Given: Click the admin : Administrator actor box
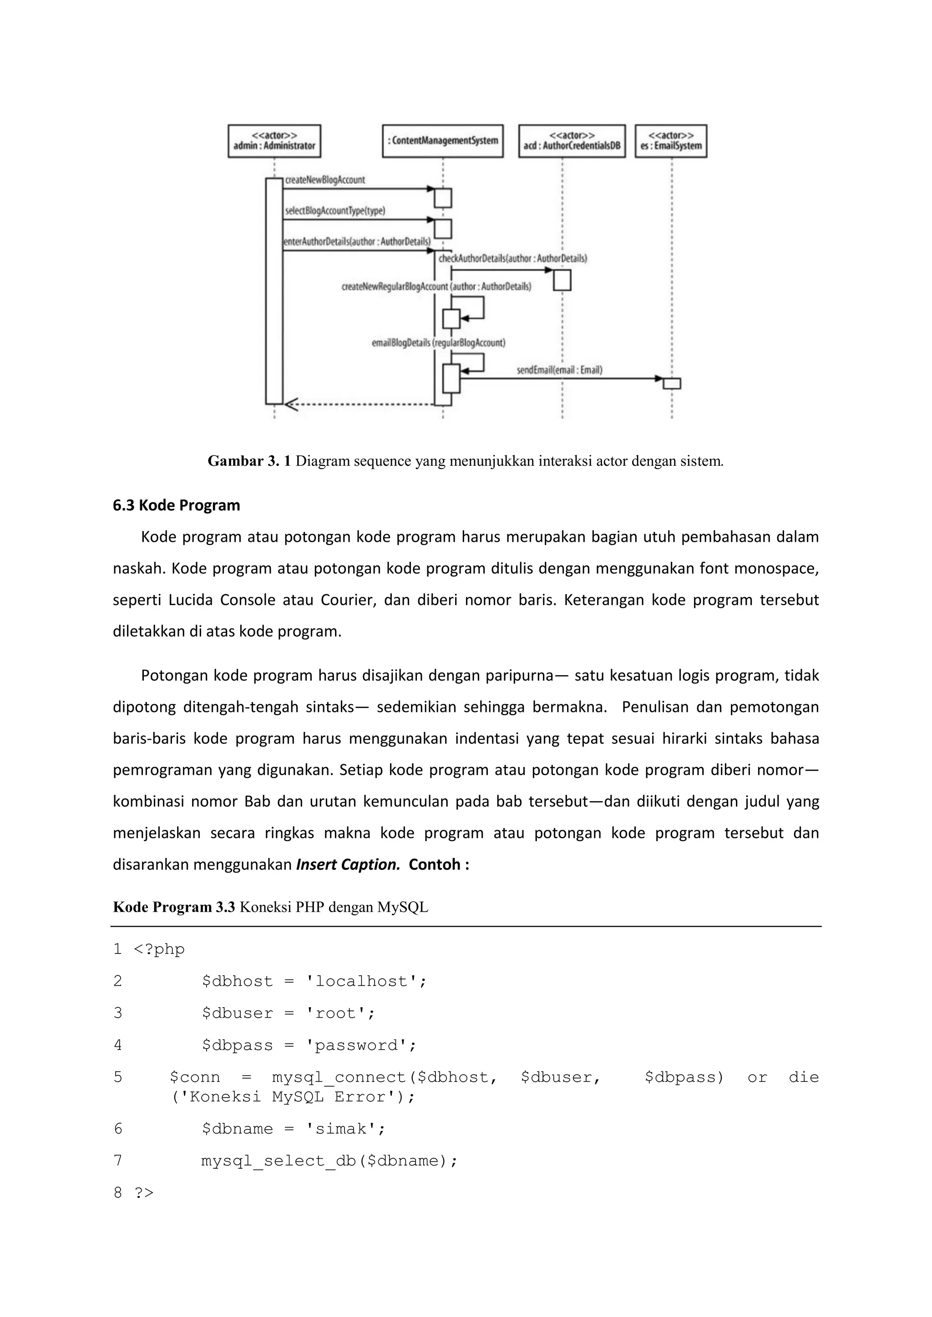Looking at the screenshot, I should pyautogui.click(x=274, y=141).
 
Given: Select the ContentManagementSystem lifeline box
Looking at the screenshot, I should pyautogui.click(x=442, y=141).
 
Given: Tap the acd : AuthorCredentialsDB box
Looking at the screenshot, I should pyautogui.click(x=572, y=141).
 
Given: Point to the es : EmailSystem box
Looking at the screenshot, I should pyautogui.click(x=671, y=141).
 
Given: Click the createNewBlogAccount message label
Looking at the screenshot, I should pyautogui.click(x=325, y=180).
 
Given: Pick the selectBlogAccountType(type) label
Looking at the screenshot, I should pyautogui.click(x=334, y=211).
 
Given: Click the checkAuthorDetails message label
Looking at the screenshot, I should pyautogui.click(x=512, y=259).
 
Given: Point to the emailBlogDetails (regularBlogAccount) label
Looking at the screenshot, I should pyautogui.click(x=438, y=343).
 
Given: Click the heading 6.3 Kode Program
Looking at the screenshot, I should pyautogui.click(x=176, y=505).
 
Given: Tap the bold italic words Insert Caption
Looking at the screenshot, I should pyautogui.click(x=348, y=864).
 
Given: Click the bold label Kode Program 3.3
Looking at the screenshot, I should pyautogui.click(x=174, y=907).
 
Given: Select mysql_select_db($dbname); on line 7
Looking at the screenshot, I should pyautogui.click(x=329, y=1161).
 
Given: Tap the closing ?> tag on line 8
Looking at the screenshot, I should pyautogui.click(x=144, y=1193).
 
